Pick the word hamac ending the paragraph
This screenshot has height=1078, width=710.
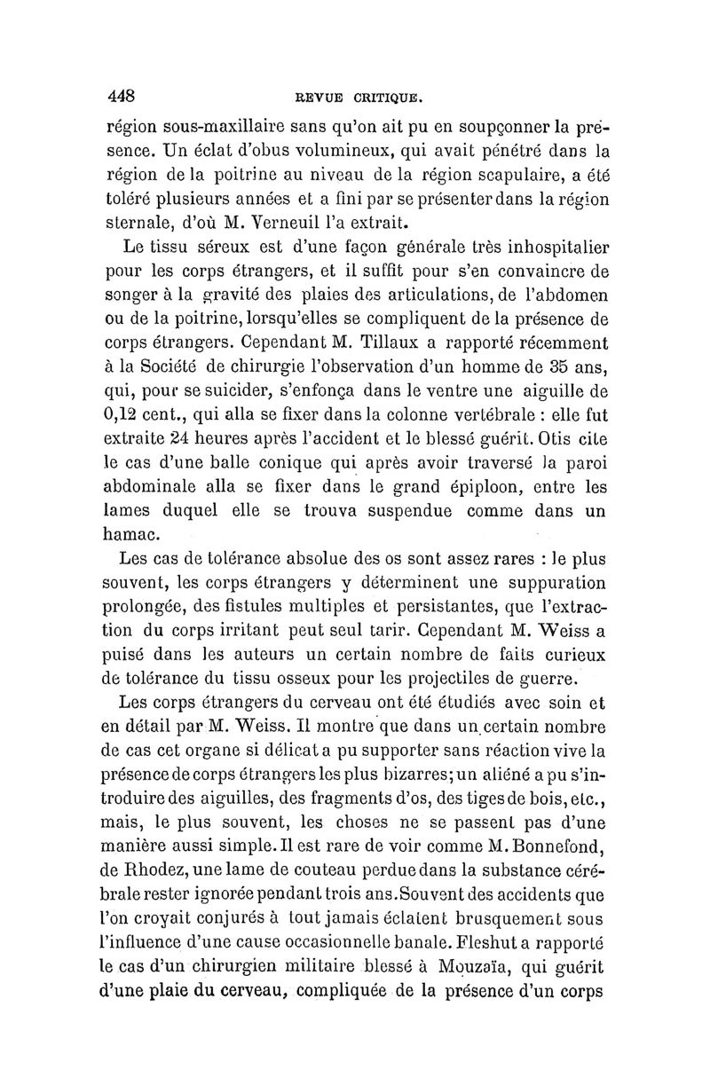[132, 535]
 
